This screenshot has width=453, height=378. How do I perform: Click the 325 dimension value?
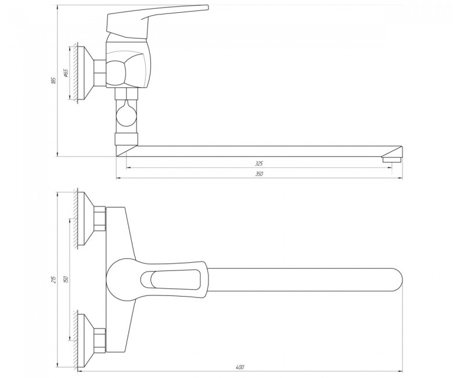[259, 163]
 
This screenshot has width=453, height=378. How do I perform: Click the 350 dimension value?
[259, 174]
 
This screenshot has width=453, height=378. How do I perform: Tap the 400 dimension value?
[240, 368]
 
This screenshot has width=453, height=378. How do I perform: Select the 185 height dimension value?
[53, 80]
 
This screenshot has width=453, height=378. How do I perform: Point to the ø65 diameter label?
[65, 73]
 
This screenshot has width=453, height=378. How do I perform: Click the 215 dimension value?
[53, 279]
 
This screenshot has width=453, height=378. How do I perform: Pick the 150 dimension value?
[66, 279]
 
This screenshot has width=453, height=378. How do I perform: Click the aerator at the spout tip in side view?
[392, 159]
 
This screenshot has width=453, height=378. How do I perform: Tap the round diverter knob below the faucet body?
[126, 116]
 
